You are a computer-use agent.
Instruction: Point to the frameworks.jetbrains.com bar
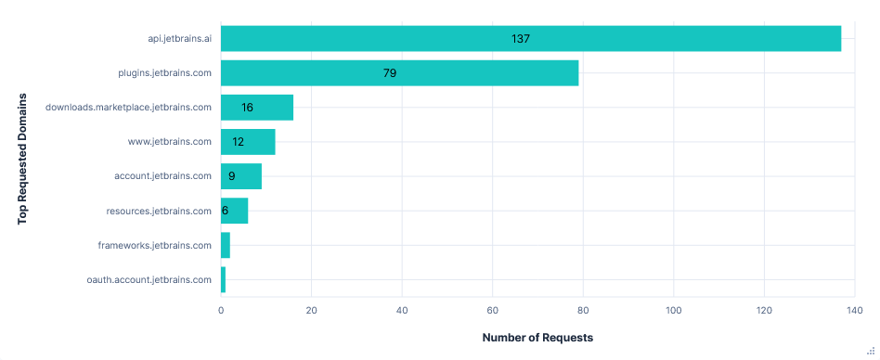click(226, 245)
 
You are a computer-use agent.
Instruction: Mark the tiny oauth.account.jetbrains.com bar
click(223, 279)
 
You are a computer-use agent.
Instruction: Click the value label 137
click(520, 39)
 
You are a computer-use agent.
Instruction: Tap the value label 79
click(390, 73)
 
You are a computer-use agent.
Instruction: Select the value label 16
click(247, 108)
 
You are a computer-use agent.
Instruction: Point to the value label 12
click(239, 142)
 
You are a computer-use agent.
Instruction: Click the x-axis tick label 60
click(492, 311)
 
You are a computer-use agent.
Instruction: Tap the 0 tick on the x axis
click(221, 311)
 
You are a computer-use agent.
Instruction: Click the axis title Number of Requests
click(537, 337)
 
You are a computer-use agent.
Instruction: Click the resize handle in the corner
click(872, 353)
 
